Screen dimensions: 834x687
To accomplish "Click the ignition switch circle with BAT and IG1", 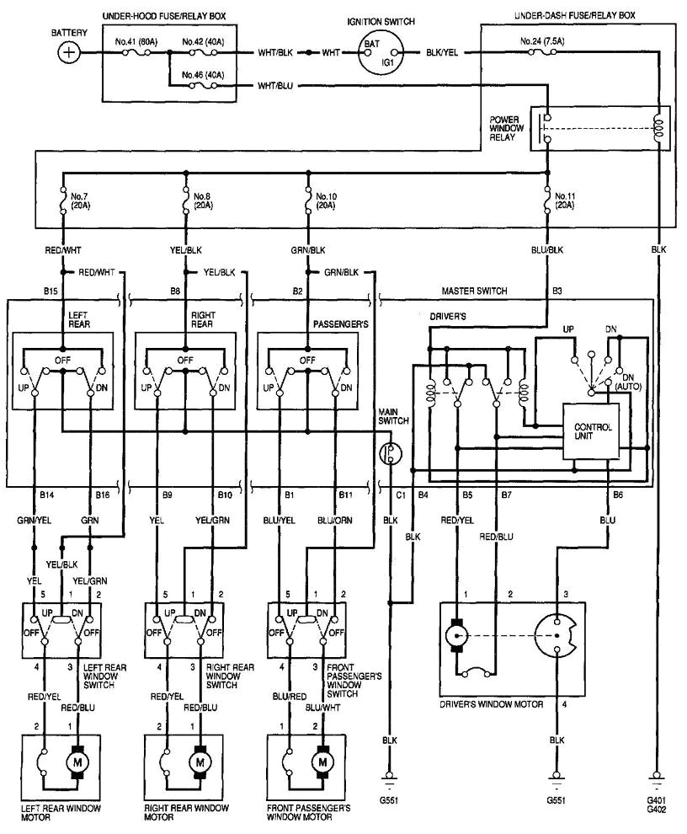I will (381, 53).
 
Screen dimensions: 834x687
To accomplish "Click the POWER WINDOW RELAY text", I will (506, 128).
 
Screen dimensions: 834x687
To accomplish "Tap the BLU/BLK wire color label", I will (547, 250).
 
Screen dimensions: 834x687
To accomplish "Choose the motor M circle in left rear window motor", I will (78, 762).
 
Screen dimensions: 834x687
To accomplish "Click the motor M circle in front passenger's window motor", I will (322, 762).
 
